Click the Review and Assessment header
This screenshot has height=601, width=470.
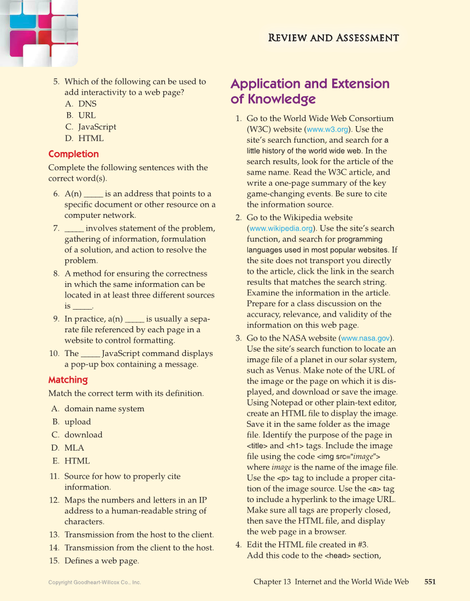pyautogui.click(x=333, y=38)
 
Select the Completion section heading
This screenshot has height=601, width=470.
pyautogui.click(x=74, y=154)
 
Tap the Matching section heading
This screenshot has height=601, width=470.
pyautogui.click(x=68, y=380)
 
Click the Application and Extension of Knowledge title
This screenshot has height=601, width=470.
pyautogui.click(x=310, y=91)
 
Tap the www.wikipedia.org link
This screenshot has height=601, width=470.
pyautogui.click(x=282, y=228)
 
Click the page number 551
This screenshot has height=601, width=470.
pyautogui.click(x=430, y=582)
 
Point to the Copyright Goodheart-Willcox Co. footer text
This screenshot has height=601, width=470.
pyautogui.click(x=95, y=582)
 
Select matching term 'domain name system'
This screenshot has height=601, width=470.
pyautogui.click(x=104, y=409)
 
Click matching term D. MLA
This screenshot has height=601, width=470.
pyautogui.click(x=74, y=448)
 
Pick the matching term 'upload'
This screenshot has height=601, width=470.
pyautogui.click(x=78, y=422)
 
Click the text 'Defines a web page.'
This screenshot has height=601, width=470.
pyautogui.click(x=101, y=561)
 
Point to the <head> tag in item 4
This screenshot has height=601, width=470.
pyautogui.click(x=339, y=556)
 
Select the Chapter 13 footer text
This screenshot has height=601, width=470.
pyautogui.click(x=331, y=582)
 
